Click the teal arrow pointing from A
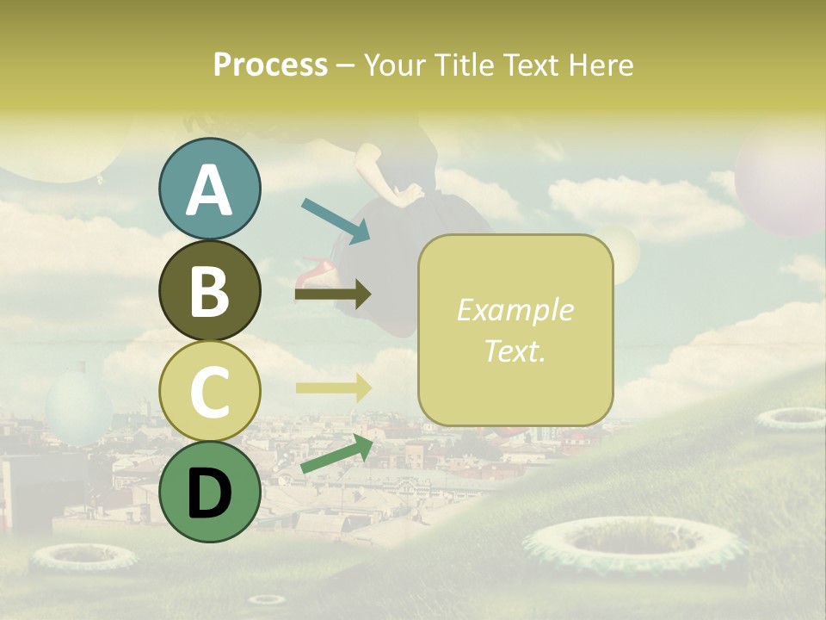tap(336, 219)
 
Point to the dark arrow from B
tap(332, 294)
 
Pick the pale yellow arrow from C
tap(332, 388)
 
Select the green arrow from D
tap(336, 455)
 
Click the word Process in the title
tap(270, 65)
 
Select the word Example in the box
tap(515, 310)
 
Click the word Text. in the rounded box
tap(515, 351)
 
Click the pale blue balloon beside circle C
tap(77, 405)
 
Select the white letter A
tap(209, 190)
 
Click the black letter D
tap(209, 493)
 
